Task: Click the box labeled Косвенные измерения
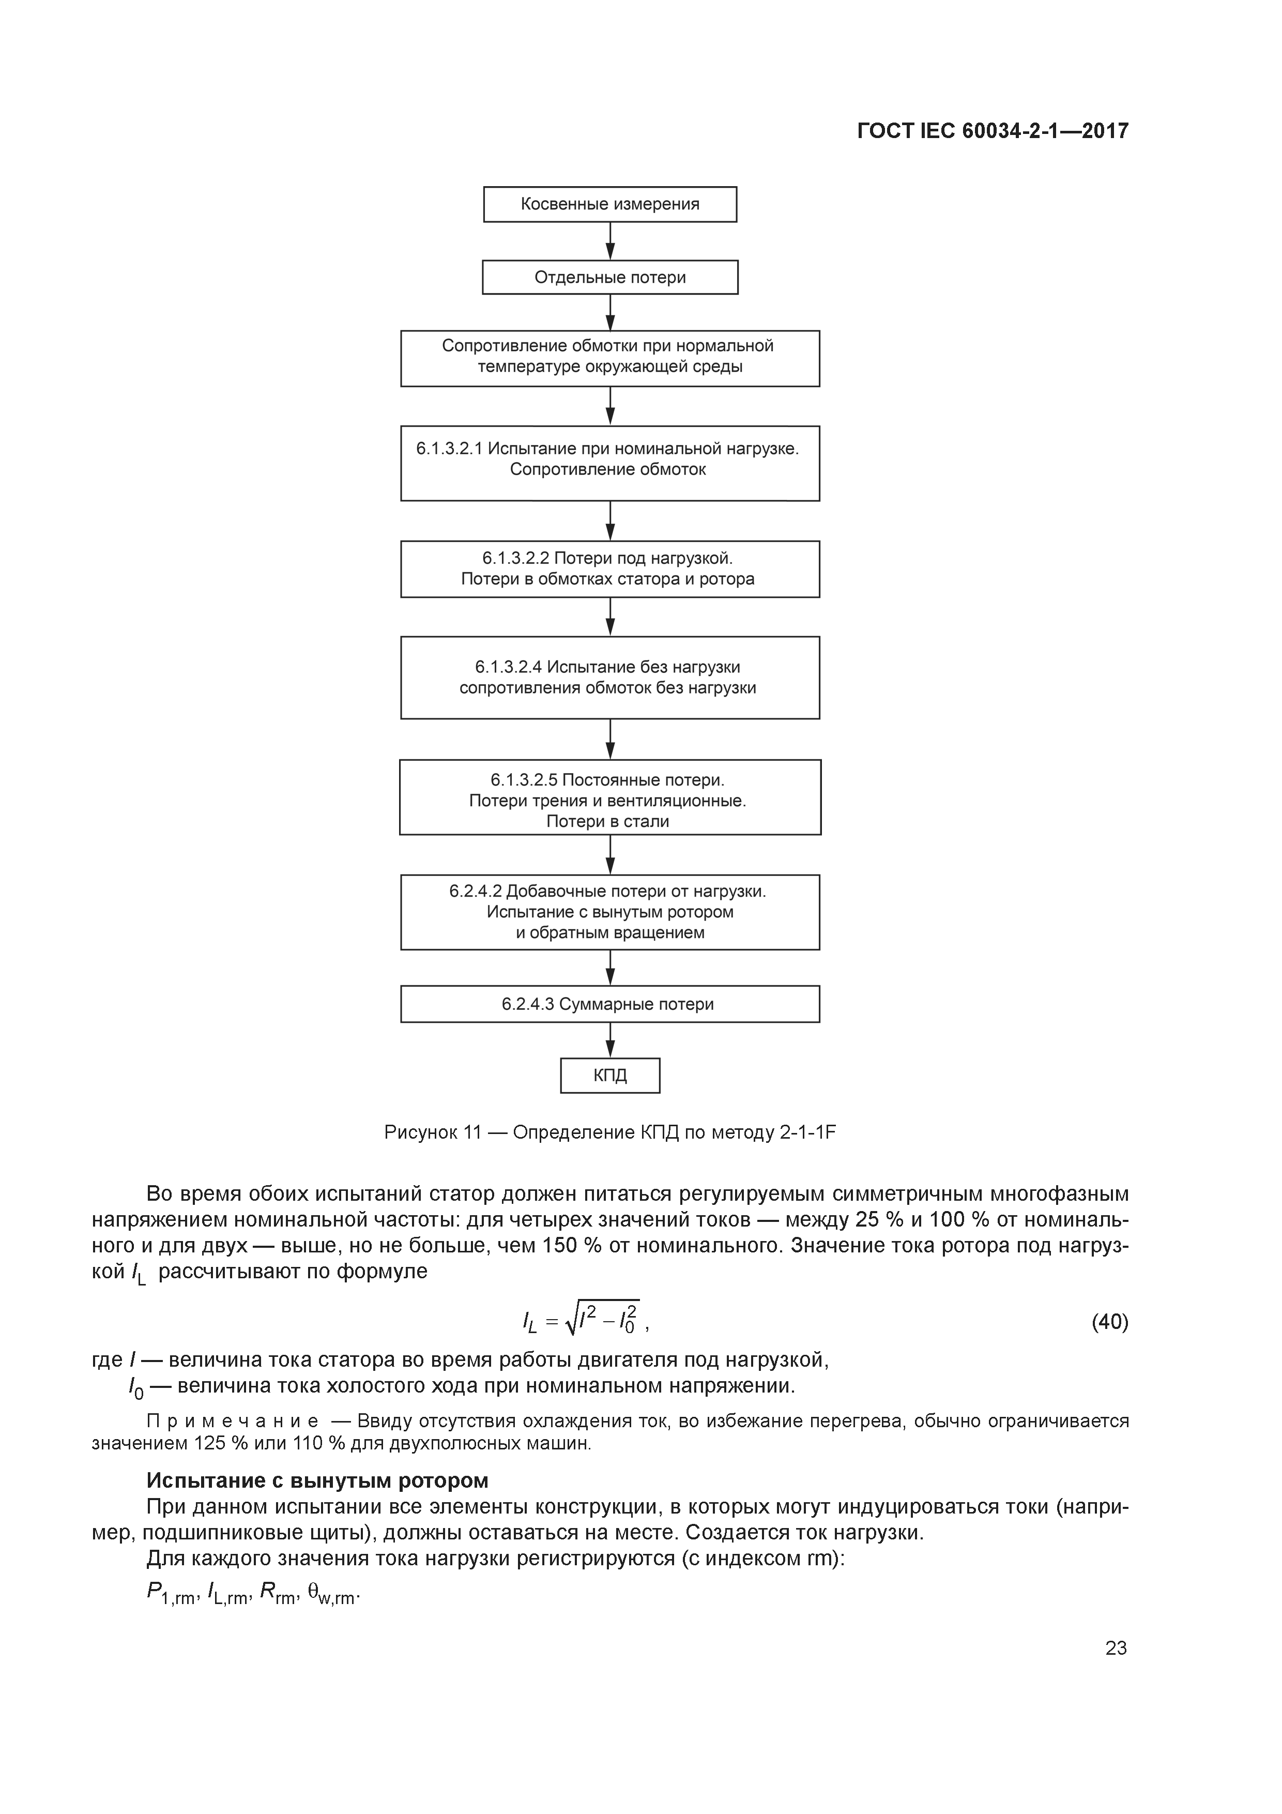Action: tap(610, 204)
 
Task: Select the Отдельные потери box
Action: tap(610, 277)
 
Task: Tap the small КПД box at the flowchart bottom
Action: tap(610, 1075)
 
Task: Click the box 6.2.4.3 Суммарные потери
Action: tap(610, 1004)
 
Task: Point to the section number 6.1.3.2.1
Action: tap(449, 449)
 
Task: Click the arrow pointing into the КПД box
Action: tap(611, 1040)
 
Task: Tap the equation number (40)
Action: tap(1109, 1322)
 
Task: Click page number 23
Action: tap(1116, 1648)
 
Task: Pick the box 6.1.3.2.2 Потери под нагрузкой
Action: tap(610, 569)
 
